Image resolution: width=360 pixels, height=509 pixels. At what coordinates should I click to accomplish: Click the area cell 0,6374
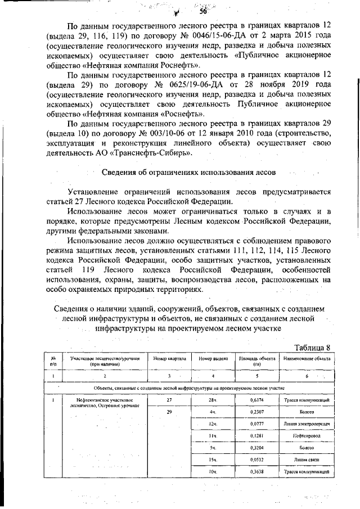pyautogui.click(x=256, y=400)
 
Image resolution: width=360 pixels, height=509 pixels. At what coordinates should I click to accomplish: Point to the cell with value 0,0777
pyautogui.click(x=256, y=424)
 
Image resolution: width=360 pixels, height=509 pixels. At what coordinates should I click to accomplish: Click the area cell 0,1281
pyautogui.click(x=256, y=435)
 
